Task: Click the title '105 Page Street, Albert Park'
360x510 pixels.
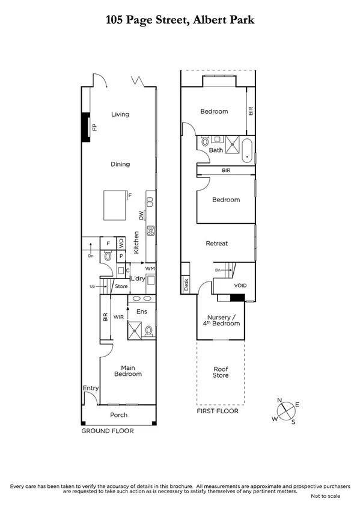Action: pyautogui.click(x=180, y=20)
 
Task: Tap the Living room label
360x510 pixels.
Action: pyautogui.click(x=120, y=114)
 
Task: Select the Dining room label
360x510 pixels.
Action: pyautogui.click(x=120, y=164)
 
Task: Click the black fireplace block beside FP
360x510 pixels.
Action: pyautogui.click(x=85, y=127)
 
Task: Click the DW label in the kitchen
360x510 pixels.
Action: pyautogui.click(x=142, y=215)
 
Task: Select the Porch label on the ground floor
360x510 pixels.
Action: pyautogui.click(x=118, y=415)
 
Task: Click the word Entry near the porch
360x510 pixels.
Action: pyautogui.click(x=90, y=389)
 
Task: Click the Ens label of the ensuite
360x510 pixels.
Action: pyautogui.click(x=142, y=312)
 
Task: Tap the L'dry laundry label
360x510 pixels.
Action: pyautogui.click(x=138, y=278)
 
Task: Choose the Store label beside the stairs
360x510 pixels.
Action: pyautogui.click(x=121, y=286)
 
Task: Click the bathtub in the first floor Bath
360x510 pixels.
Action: pyautogui.click(x=246, y=150)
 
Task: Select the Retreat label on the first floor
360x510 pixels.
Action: pyautogui.click(x=216, y=244)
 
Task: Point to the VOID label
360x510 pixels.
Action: pyautogui.click(x=240, y=285)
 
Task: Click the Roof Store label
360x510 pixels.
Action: pyautogui.click(x=221, y=372)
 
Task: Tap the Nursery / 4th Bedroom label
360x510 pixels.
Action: pyautogui.click(x=223, y=321)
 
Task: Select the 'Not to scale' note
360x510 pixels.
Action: pyautogui.click(x=325, y=496)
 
